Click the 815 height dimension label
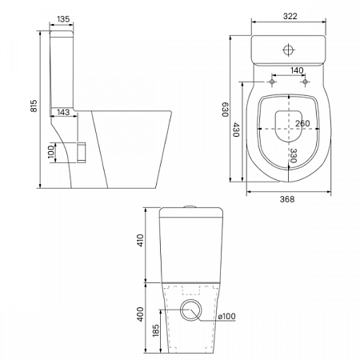point(34,106)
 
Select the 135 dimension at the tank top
point(63,19)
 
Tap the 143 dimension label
point(63,112)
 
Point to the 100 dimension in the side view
point(51,151)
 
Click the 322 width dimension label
point(290,16)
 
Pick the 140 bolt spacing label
point(297,70)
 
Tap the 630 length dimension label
point(226,110)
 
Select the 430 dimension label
point(236,130)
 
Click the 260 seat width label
point(302,123)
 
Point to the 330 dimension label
point(293,156)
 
